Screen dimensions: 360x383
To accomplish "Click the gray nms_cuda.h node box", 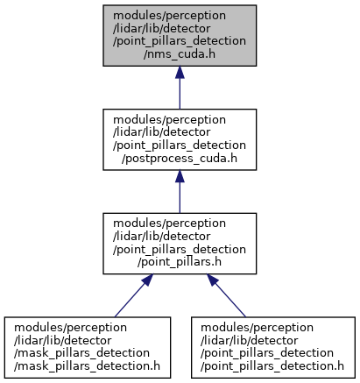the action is pos(180,35).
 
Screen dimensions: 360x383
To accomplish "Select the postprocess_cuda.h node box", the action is pos(180,139).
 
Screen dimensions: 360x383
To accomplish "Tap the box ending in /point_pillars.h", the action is pos(180,244).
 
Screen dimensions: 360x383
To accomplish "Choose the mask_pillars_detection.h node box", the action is pos(88,347).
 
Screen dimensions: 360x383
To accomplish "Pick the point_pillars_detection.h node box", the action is pos(273,347).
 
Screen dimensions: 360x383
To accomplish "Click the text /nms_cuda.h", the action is pos(180,54).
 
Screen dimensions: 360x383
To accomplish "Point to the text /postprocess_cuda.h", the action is pos(180,159).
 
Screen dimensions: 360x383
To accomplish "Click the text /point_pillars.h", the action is pos(180,262).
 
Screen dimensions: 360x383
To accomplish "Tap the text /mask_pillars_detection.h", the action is pos(87,366).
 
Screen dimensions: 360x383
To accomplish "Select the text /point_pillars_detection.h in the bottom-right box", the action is pos(272,366).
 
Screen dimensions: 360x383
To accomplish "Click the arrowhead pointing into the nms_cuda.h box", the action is pos(180,72).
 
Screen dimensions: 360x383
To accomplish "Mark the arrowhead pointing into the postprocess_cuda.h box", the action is pos(180,176).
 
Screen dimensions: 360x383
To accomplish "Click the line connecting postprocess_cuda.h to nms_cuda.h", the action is pos(180,88).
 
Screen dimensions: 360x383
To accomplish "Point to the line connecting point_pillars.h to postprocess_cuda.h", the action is pos(180,192).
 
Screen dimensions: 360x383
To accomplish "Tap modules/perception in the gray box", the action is pos(169,16).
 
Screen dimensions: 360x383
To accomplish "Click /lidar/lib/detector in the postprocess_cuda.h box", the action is pos(161,132).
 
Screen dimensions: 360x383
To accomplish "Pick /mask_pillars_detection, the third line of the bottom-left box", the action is pos(81,353).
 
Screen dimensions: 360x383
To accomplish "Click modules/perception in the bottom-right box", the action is pos(257,328).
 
